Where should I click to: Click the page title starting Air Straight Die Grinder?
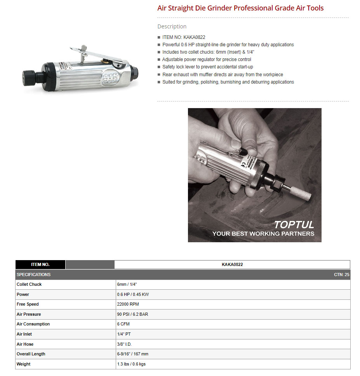240,8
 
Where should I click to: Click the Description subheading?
172,26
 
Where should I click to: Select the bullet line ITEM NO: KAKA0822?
184,37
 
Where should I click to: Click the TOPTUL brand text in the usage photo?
294,225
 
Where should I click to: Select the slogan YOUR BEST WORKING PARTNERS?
263,234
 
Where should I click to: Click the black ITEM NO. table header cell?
40,264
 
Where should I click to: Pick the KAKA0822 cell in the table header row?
232,264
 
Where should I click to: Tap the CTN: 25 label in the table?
341,275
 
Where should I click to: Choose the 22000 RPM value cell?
128,304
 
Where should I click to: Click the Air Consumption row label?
33,324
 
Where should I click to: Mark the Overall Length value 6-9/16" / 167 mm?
133,354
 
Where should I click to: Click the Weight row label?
23,364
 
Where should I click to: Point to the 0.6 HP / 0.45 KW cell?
133,294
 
